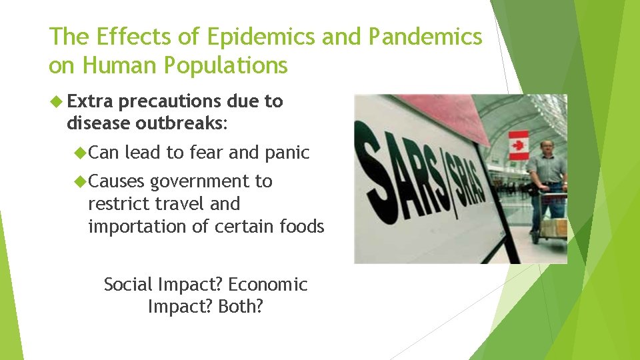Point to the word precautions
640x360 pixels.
(170, 102)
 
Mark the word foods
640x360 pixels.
(301, 227)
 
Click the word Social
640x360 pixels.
(129, 285)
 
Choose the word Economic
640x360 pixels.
(267, 285)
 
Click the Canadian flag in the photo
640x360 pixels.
(518, 145)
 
